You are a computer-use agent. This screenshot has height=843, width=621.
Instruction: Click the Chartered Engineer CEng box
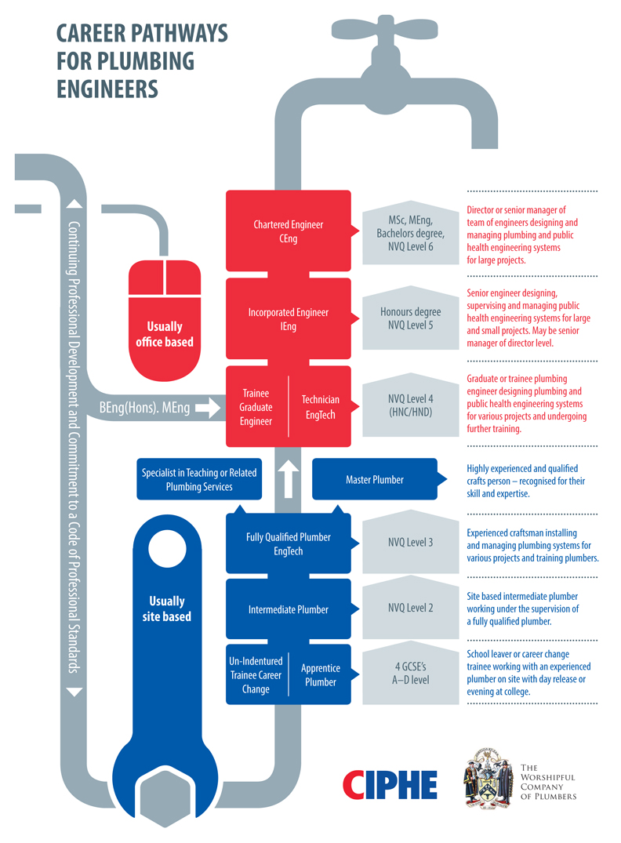288,231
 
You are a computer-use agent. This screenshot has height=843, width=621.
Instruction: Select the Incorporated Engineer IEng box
288,318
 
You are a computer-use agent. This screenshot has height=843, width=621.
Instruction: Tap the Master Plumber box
374,479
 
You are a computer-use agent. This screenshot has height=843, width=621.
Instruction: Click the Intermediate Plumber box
288,609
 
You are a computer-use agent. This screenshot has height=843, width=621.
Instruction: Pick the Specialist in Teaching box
199,479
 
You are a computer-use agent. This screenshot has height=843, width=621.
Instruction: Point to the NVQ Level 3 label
409,542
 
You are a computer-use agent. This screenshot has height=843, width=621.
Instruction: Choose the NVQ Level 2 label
409,608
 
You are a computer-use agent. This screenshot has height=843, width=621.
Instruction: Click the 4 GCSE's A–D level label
409,674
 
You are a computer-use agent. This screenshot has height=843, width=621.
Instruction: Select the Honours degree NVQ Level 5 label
409,318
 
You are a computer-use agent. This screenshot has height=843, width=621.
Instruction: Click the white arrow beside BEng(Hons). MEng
208,408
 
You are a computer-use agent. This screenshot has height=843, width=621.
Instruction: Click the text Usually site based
166,609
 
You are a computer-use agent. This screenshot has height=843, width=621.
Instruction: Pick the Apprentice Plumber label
320,675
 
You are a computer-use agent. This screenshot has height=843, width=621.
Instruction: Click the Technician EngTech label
320,405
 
